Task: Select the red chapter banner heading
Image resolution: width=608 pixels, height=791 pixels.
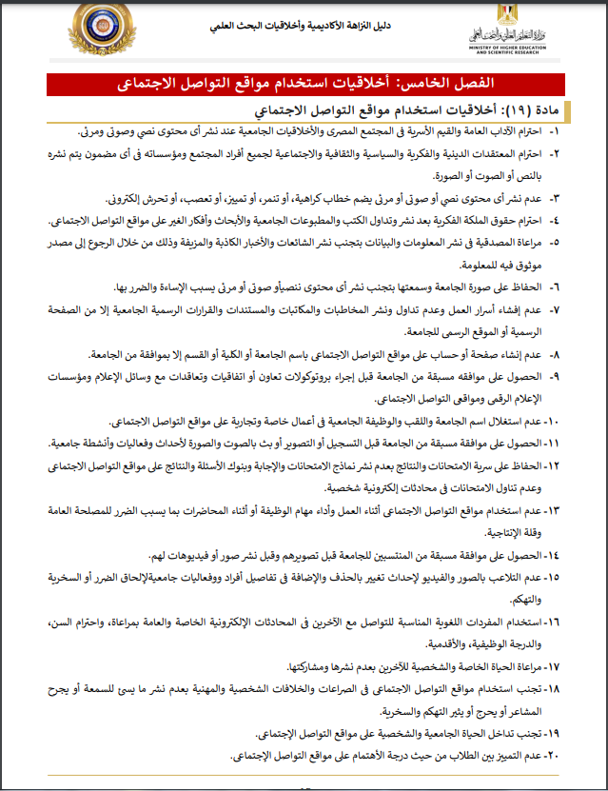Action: [304, 84]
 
